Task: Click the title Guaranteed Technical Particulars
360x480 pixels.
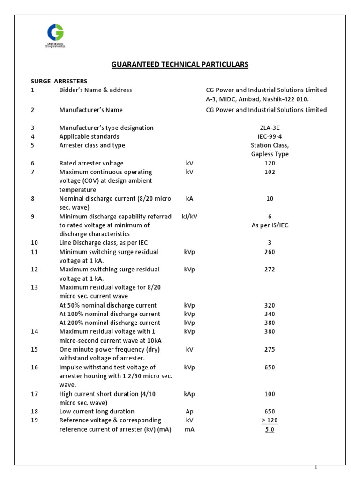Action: point(180,64)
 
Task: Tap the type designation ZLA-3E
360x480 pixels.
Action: point(270,127)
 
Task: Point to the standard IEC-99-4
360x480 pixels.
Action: point(270,136)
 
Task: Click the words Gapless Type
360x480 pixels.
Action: point(270,154)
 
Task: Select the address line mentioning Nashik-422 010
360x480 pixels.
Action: point(257,99)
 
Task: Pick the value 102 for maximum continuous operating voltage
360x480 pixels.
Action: point(270,172)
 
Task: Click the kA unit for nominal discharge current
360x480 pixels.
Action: point(189,199)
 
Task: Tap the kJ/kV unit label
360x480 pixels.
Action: point(189,217)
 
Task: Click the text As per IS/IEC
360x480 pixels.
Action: point(270,225)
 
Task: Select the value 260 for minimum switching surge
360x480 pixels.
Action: point(270,252)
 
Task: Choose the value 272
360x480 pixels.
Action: point(270,270)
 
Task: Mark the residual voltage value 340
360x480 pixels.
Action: point(270,314)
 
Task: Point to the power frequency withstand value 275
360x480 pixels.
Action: point(270,350)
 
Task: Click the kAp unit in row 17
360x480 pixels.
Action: point(189,394)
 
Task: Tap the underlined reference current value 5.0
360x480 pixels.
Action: point(270,429)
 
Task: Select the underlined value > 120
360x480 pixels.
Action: point(270,420)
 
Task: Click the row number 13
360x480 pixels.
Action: point(34,287)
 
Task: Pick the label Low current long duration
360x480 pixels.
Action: point(97,412)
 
